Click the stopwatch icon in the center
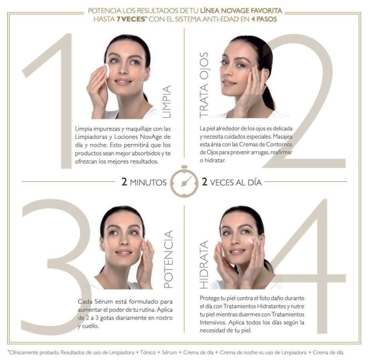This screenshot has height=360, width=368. tap(184, 181)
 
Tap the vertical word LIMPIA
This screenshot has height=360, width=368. tap(167, 101)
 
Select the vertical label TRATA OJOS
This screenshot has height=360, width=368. tap(204, 85)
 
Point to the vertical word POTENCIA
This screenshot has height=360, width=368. tap(168, 259)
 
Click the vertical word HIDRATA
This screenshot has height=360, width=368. tap(204, 264)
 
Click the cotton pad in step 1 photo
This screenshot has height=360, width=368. tap(107, 70)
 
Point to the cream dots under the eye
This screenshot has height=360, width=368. tap(245, 71)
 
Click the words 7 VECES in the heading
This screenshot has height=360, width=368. tap(131, 19)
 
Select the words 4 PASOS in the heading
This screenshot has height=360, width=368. tap(264, 19)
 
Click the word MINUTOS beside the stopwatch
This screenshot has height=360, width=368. tap(148, 182)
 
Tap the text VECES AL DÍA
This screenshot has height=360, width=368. tap(236, 182)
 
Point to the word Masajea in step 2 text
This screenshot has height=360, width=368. tap(283, 136)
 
